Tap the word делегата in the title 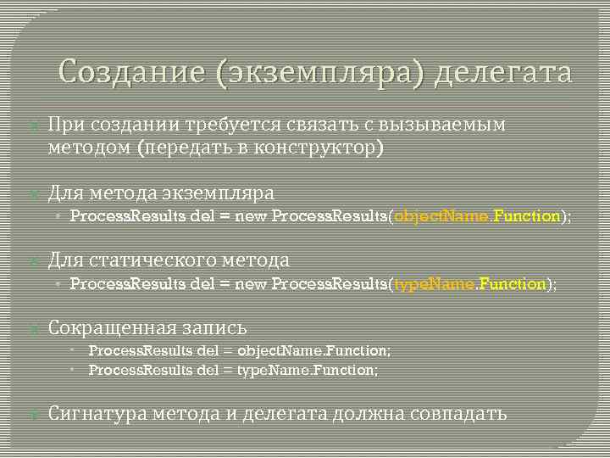[502, 73]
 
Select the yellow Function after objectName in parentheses [526, 216]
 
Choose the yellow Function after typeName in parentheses [512, 284]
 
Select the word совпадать [458, 413]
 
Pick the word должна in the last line [363, 413]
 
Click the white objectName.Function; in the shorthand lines [314, 350]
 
